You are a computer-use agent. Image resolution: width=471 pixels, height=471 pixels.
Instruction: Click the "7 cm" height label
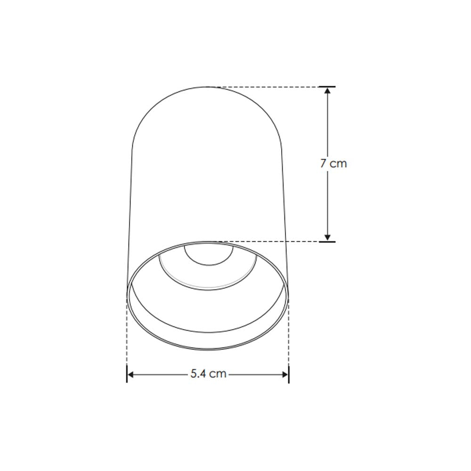tap(333, 164)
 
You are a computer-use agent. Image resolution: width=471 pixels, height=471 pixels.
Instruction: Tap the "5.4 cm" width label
tap(208, 374)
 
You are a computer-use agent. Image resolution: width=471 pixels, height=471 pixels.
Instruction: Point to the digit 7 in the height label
tap(324, 164)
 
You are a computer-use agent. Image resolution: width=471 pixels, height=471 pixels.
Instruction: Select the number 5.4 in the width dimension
tap(199, 374)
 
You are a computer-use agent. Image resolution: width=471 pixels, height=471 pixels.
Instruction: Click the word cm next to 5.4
tap(218, 374)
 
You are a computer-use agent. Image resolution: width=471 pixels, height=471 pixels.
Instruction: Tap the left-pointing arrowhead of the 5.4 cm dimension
tap(132, 374)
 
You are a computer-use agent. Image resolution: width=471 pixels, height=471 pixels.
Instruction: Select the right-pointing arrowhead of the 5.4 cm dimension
tap(284, 374)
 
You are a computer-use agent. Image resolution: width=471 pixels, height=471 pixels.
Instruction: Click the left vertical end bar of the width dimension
tap(127, 374)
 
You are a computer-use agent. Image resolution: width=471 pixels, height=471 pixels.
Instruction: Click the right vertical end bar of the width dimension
tap(289, 374)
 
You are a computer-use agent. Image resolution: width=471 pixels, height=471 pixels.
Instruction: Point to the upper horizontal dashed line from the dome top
tap(264, 87)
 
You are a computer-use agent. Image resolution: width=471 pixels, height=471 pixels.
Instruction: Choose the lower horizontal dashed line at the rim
tap(273, 242)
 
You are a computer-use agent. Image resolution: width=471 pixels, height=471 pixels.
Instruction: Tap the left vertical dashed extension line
tap(127, 334)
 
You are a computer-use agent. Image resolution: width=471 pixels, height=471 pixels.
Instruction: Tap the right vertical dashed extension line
tap(289, 334)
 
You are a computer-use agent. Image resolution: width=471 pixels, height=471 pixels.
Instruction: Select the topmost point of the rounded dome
tap(207, 87)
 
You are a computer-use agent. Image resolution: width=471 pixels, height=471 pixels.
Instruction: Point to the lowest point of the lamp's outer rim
tap(208, 350)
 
